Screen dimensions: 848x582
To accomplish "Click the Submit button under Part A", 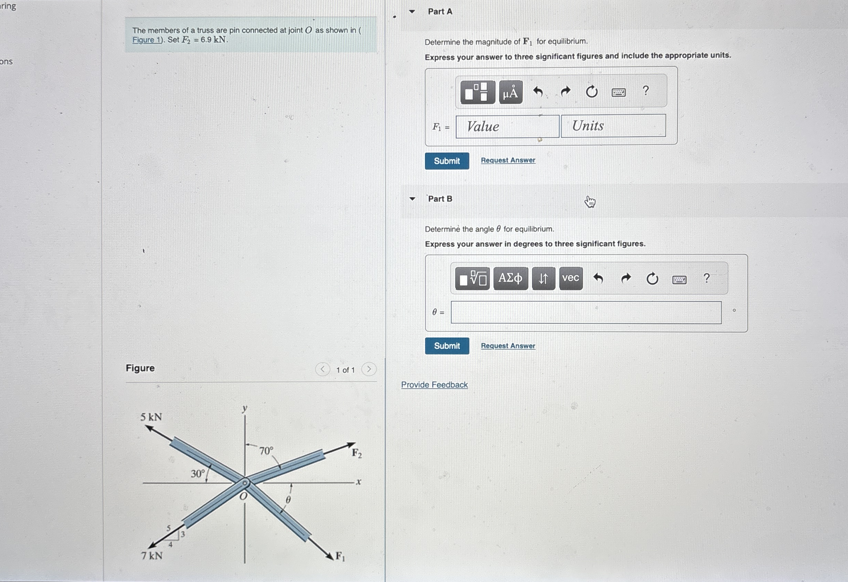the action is (x=447, y=161).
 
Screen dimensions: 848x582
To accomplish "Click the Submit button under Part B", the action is (x=447, y=346).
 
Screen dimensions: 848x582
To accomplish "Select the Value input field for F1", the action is (x=507, y=127).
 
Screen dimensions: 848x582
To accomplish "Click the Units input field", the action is (x=613, y=126).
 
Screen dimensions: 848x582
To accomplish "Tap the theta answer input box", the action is (x=586, y=313).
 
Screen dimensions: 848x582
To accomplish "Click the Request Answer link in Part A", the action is (x=508, y=160).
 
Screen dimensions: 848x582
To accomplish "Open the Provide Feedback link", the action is (x=434, y=384).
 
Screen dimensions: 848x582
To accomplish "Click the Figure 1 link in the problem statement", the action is (x=147, y=40).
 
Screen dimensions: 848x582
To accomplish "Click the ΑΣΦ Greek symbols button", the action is (x=510, y=278).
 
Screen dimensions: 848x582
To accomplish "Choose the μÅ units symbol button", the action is (x=510, y=92).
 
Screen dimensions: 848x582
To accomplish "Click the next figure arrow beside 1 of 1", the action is (x=369, y=369).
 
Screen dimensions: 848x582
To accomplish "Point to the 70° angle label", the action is (x=266, y=451).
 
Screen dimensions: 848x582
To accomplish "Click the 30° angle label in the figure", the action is (x=198, y=474).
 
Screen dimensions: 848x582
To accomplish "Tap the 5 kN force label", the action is (x=151, y=417).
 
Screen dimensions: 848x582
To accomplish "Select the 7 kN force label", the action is (x=152, y=555).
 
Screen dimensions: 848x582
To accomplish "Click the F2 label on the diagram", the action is (x=357, y=453).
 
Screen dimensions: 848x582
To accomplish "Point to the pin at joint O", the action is (x=245, y=483).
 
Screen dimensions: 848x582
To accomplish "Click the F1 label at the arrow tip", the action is (x=340, y=556).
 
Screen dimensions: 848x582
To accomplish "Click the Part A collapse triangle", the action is (x=412, y=12).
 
